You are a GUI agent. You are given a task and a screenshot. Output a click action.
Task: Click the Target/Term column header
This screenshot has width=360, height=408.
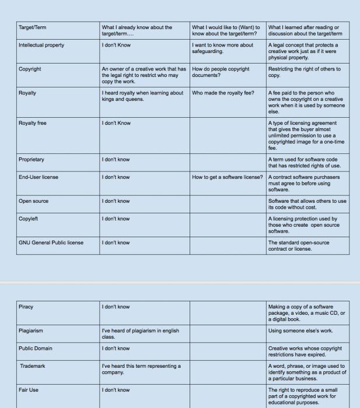[x=34, y=27]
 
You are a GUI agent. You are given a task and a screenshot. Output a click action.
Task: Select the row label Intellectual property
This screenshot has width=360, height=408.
[x=41, y=45]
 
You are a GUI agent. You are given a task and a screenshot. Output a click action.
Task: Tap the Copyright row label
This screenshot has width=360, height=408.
[x=30, y=69]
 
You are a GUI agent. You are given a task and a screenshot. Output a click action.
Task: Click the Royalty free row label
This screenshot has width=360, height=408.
[x=33, y=123]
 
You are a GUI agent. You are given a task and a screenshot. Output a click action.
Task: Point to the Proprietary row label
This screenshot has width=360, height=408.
[x=32, y=159]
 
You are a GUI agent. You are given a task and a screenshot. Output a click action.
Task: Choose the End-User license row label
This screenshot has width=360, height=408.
[x=39, y=177]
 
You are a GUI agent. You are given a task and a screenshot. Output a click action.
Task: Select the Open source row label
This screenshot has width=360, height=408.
[x=33, y=201]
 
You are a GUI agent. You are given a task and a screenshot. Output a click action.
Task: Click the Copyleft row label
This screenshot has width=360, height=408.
[x=29, y=219]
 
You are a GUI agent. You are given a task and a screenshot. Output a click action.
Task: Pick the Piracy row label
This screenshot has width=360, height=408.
[x=27, y=307]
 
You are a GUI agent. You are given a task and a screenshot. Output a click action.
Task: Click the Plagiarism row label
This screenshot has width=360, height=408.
[x=31, y=330]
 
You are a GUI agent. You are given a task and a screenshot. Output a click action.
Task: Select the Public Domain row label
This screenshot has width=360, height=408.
[x=36, y=349]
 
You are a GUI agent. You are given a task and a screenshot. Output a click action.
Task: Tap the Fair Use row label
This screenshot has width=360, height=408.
[x=29, y=390]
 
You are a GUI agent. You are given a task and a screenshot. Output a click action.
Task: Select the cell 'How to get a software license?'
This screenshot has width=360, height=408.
[x=228, y=177]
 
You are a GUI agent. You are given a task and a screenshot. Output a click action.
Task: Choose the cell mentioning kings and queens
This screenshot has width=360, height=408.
[x=142, y=96]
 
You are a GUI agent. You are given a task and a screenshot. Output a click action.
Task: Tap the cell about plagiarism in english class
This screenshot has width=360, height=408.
[x=140, y=333]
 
